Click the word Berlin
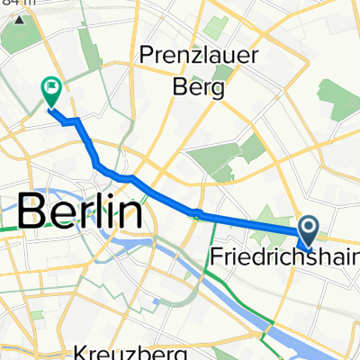80,212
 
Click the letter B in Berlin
32,212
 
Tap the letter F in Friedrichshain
216,258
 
